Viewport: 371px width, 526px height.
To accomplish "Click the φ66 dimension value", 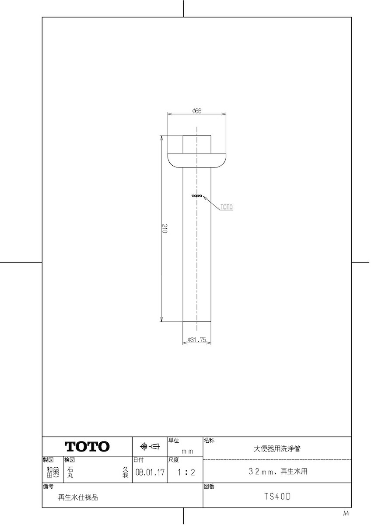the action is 197,110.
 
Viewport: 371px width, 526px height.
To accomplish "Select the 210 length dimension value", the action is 165,228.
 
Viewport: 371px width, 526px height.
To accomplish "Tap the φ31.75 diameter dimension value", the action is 197,340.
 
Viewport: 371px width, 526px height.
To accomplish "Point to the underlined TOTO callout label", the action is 227,207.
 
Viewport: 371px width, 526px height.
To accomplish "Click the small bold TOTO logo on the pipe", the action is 197,196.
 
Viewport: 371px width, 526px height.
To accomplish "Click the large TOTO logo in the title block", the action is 87,447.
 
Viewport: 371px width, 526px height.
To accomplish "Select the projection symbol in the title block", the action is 150,446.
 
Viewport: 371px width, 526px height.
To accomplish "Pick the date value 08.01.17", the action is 150,472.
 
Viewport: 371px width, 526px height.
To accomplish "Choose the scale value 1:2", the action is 186,472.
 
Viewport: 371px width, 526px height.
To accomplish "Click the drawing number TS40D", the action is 277,497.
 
